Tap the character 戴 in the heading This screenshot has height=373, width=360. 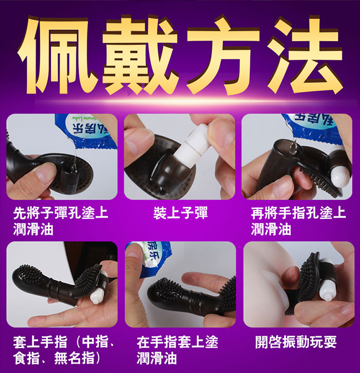[x=140, y=54]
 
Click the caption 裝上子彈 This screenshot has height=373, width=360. [x=181, y=213]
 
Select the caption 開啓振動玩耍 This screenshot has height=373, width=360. [x=296, y=342]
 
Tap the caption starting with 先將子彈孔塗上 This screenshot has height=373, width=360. [x=61, y=221]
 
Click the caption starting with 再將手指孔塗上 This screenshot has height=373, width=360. [x=298, y=221]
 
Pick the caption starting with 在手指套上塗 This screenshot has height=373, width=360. [x=178, y=350]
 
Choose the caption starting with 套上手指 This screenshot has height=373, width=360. [x=64, y=350]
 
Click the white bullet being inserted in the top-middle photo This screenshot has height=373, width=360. [x=192, y=145]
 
